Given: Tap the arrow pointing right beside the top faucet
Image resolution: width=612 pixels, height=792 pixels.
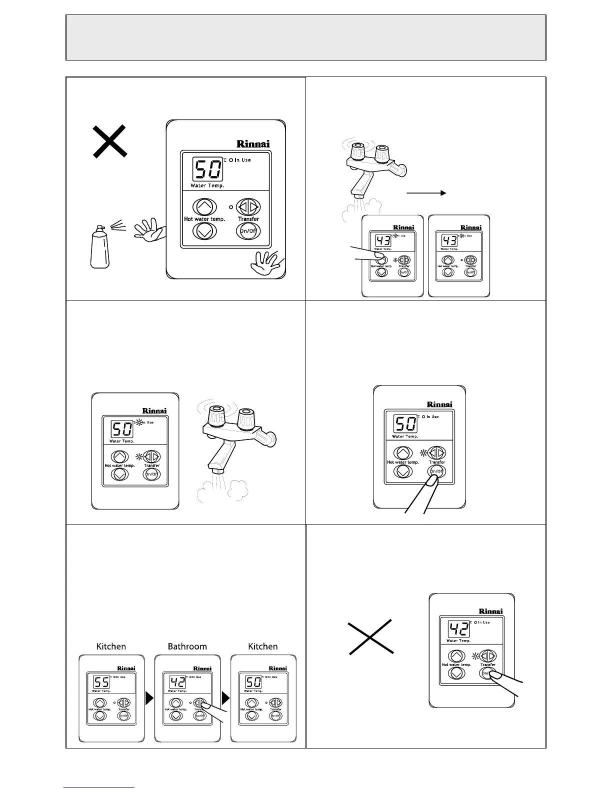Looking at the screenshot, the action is click(426, 192).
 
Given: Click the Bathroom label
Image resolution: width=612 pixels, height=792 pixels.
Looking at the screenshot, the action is click(187, 646).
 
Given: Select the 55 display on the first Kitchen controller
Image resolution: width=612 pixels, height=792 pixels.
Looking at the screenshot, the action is click(102, 682).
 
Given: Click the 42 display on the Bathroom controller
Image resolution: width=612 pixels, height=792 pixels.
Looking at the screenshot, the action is click(177, 682).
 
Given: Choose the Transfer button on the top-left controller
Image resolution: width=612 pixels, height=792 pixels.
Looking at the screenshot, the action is click(248, 206).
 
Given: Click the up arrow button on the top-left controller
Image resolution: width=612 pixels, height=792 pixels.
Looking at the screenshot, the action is click(204, 206).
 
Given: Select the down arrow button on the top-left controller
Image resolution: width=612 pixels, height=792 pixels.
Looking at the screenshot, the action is click(204, 230).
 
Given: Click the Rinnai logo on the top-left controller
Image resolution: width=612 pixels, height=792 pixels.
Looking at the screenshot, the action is click(253, 144).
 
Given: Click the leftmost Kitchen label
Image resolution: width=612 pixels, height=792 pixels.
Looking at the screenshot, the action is click(111, 646).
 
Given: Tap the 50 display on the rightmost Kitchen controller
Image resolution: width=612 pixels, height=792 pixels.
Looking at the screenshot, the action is click(253, 682).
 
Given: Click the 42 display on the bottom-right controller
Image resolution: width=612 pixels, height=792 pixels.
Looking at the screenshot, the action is click(458, 629).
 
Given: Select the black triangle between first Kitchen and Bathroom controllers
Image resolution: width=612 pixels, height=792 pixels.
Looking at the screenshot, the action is click(149, 698).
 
